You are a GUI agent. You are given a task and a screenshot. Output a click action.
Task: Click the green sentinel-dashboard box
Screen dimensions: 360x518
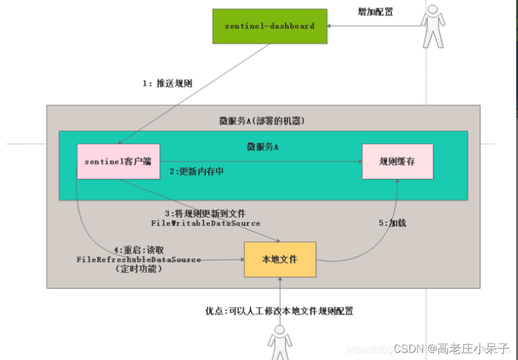[270, 26]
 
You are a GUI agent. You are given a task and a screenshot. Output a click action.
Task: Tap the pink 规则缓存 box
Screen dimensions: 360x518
[397, 161]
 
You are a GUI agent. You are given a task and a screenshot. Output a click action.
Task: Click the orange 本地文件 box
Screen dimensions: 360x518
[280, 259]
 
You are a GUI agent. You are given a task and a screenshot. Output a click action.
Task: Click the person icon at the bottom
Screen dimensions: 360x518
[279, 342]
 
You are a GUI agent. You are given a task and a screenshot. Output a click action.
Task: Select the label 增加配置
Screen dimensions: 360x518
[376, 11]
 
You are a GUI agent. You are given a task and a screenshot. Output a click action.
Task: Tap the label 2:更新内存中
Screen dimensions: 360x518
[196, 171]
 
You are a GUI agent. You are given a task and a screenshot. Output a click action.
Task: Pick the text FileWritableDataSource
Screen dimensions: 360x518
[205, 223]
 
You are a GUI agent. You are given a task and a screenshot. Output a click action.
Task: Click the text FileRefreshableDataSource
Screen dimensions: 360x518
[138, 259]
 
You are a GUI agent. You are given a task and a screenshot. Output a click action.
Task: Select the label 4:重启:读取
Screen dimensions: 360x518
[139, 249]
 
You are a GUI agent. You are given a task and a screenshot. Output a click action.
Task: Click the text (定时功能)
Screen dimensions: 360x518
[138, 269]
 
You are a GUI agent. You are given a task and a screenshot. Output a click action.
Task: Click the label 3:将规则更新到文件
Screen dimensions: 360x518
[205, 213]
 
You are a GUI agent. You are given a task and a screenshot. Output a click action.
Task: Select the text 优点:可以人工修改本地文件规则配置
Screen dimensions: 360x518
[279, 311]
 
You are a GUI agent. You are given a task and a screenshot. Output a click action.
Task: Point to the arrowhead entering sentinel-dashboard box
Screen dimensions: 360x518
[331, 26]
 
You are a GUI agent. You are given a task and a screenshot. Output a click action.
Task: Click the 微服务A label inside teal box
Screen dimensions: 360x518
[263, 147]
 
